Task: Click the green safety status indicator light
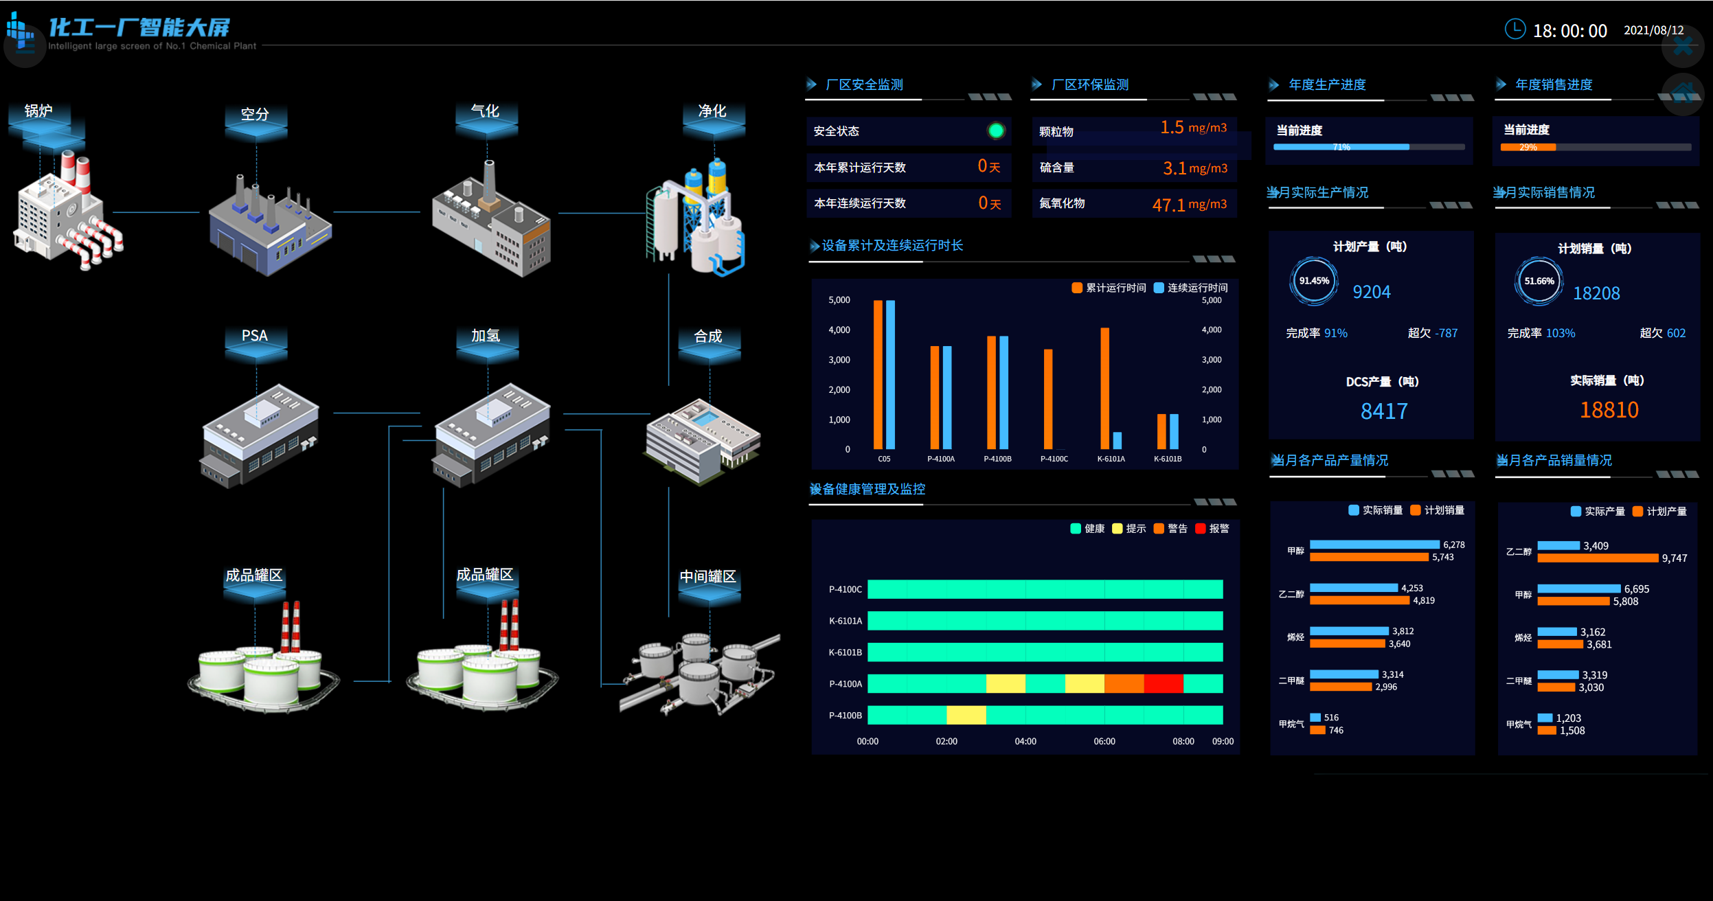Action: [x=996, y=130]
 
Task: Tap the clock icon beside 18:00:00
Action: [x=1515, y=29]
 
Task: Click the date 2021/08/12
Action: [x=1653, y=30]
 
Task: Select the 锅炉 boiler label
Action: [x=38, y=111]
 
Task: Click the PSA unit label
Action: [x=254, y=335]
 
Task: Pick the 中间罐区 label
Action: [x=707, y=576]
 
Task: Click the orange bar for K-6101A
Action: [x=1104, y=388]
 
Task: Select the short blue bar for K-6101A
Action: [x=1117, y=440]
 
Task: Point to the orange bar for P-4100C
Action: [x=1048, y=399]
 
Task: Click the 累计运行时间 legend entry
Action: [x=1109, y=288]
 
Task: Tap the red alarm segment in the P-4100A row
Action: [x=1164, y=683]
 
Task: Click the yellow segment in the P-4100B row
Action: [x=966, y=715]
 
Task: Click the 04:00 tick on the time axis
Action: [x=1025, y=741]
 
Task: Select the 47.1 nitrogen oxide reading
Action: [x=1168, y=205]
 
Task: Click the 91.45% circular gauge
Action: [x=1313, y=281]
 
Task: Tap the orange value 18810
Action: [x=1609, y=410]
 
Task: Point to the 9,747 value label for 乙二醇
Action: [x=1674, y=558]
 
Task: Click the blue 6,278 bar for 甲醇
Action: [x=1374, y=545]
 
